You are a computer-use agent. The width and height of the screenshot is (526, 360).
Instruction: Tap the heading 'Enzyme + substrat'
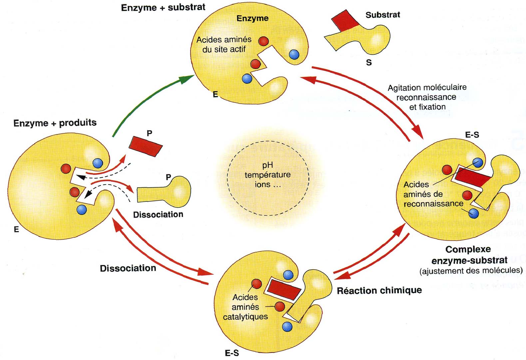[x=163, y=8]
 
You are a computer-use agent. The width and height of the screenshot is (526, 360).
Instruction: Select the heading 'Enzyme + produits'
[x=55, y=123]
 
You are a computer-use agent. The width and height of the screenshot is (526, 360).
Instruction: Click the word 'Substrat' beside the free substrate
[x=383, y=15]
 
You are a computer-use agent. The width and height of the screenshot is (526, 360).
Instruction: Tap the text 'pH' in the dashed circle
[x=267, y=165]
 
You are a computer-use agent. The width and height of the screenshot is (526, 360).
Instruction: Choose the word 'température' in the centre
[x=267, y=175]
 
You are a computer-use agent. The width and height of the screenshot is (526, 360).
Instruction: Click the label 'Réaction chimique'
[x=379, y=291]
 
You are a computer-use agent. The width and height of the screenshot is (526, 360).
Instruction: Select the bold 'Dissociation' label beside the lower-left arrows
[x=128, y=268]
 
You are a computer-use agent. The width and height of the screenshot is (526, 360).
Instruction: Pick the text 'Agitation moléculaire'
[x=427, y=88]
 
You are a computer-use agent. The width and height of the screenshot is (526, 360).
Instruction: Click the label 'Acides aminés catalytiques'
[x=246, y=307]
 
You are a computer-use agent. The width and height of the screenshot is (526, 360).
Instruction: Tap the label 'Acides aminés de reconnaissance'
[x=430, y=194]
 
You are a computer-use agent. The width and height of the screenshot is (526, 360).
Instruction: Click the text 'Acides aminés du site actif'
[x=224, y=44]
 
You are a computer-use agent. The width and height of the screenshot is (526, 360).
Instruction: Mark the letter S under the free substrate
[x=369, y=63]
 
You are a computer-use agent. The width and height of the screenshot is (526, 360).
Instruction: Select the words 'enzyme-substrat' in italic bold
[x=469, y=260]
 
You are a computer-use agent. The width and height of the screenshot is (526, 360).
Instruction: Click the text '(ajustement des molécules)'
[x=471, y=270]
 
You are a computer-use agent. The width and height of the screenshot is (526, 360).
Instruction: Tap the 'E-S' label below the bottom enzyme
[x=232, y=353]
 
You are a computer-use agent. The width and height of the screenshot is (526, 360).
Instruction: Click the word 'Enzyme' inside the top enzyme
[x=253, y=18]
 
